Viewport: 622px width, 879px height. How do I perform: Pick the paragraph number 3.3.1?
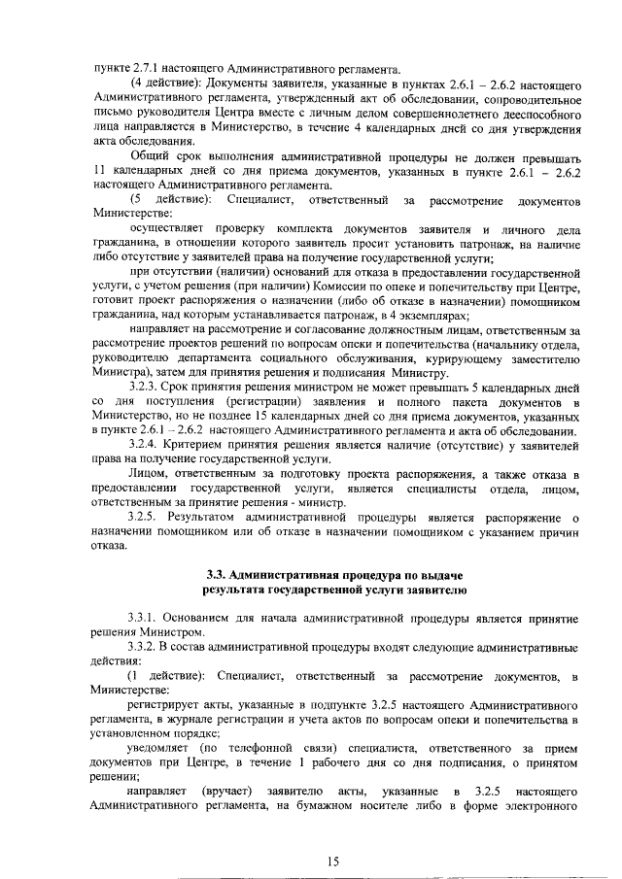[148, 618]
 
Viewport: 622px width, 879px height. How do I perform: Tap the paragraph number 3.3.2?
[148, 647]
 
